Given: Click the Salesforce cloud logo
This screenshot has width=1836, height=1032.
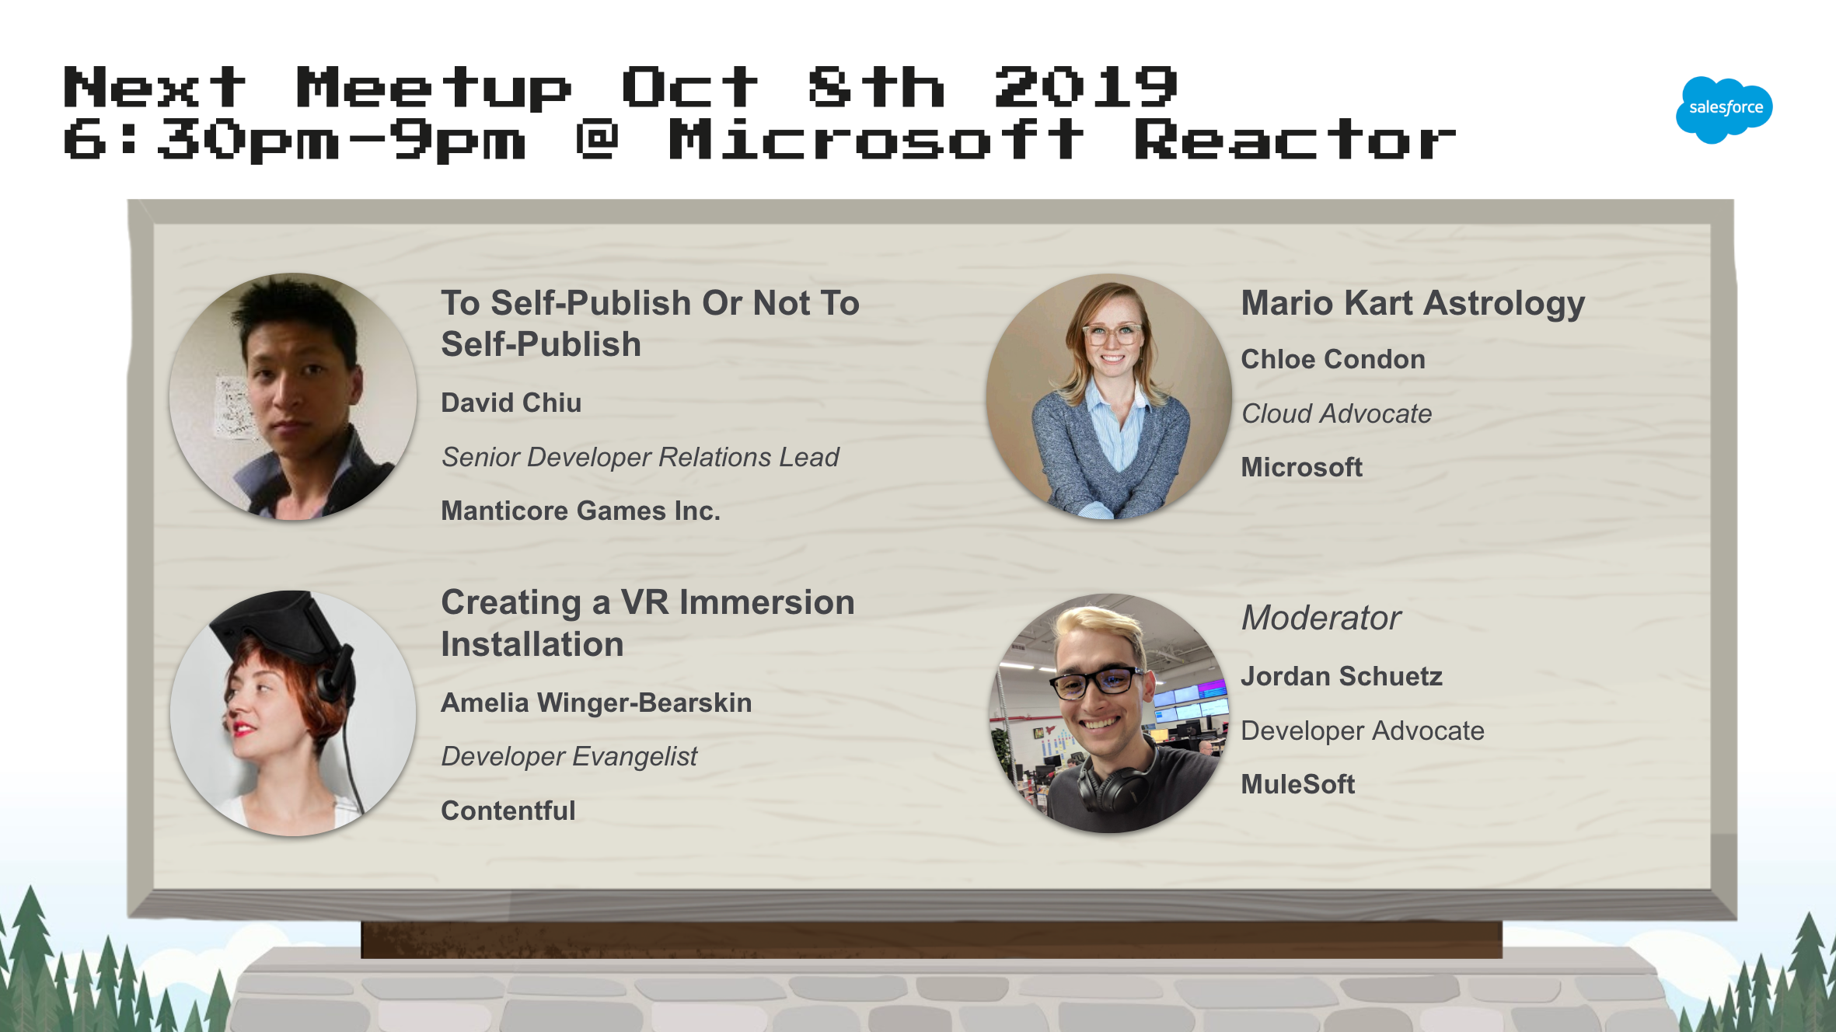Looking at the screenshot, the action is click(x=1724, y=110).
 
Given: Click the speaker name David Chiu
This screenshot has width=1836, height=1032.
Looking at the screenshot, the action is click(x=511, y=403).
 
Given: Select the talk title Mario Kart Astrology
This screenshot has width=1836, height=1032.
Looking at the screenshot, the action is click(x=1412, y=303).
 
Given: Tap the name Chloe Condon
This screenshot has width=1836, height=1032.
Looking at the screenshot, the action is click(x=1333, y=359).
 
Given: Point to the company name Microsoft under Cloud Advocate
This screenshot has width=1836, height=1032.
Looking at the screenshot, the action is click(x=1301, y=467).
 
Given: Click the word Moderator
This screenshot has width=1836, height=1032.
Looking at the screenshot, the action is click(x=1321, y=618).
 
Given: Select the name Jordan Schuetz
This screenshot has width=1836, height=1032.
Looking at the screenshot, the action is click(x=1342, y=676).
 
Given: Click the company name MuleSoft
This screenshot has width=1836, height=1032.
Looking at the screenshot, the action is click(x=1297, y=784).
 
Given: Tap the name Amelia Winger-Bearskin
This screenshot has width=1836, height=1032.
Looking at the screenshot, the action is click(x=596, y=703).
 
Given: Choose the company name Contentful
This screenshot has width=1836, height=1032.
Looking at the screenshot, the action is click(x=508, y=811).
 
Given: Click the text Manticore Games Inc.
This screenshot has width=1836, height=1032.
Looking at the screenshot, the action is click(x=581, y=511).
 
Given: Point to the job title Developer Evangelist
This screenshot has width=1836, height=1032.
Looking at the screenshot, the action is click(x=569, y=757).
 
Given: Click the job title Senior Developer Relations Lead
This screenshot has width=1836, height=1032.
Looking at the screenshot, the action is click(x=640, y=458).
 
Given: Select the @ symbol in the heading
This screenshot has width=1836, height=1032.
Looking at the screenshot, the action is click(x=597, y=139).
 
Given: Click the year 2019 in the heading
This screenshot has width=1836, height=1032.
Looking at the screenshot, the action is click(x=1086, y=86).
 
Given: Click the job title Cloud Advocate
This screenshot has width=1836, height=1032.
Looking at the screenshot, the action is click(x=1336, y=413).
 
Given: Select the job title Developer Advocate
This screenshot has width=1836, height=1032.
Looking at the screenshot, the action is click(x=1363, y=731).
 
